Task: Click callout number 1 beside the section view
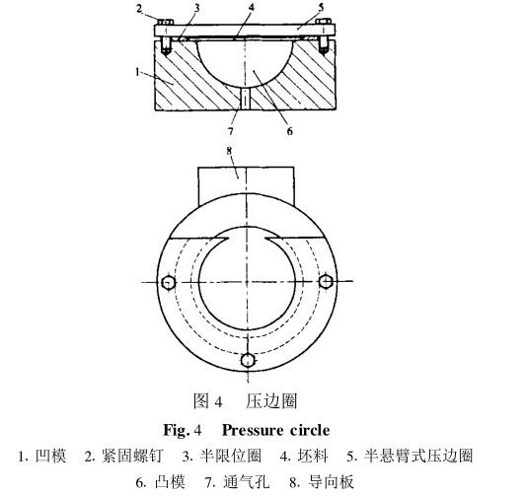pos(137,71)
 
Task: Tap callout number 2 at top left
pos(139,8)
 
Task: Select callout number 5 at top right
pos(322,7)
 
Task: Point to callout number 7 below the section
pos(231,131)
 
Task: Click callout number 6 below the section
pos(289,131)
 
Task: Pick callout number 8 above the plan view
pos(229,151)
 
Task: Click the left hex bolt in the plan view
pos(168,283)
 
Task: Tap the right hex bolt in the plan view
pos(325,281)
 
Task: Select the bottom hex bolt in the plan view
pos(248,360)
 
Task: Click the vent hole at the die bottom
pos(246,99)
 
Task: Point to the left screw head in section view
pos(165,22)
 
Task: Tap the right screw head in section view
pos(324,22)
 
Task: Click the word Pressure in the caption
pos(253,430)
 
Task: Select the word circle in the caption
pos(310,430)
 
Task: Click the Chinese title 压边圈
pos(271,401)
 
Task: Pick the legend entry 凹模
pos(51,456)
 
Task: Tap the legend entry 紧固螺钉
pos(132,456)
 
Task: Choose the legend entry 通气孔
pos(246,482)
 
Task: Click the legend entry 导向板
pos(332,482)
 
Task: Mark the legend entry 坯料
pos(314,456)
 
